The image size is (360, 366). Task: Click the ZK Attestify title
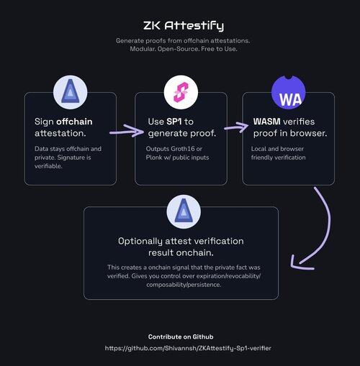click(184, 26)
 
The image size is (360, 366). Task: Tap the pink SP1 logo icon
click(181, 92)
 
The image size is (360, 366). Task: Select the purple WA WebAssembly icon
click(289, 92)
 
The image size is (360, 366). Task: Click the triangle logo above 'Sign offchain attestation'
click(71, 91)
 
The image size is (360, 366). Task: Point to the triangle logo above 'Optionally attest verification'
click(184, 211)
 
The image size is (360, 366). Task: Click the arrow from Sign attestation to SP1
click(127, 131)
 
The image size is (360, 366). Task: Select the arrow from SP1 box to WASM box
click(236, 127)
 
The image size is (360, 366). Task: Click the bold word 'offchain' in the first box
click(74, 122)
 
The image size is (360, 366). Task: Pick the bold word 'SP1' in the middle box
click(174, 122)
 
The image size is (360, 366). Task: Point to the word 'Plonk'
click(154, 157)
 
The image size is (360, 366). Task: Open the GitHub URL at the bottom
click(188, 348)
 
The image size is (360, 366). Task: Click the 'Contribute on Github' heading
click(181, 337)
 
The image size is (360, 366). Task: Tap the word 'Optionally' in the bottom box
click(140, 242)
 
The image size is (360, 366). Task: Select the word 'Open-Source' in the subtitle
click(178, 49)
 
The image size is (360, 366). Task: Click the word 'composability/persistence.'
click(184, 285)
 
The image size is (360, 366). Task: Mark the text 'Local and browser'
click(277, 149)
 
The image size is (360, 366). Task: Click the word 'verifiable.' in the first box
click(48, 166)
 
